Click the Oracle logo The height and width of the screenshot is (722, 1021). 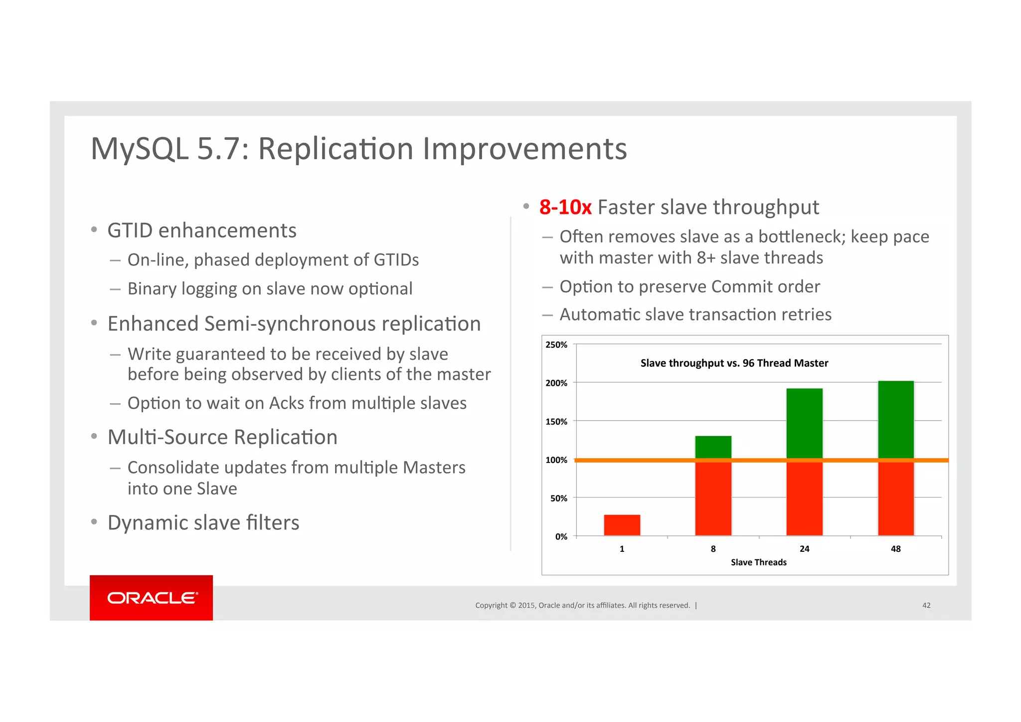click(x=152, y=597)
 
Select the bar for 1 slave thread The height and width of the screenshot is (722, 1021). click(x=622, y=525)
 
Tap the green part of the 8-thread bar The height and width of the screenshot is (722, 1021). click(x=713, y=447)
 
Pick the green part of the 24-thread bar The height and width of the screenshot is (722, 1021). click(x=804, y=423)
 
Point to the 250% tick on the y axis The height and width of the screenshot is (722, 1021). click(x=556, y=345)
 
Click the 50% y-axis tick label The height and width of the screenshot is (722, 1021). click(x=558, y=498)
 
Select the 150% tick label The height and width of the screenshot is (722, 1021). click(x=556, y=422)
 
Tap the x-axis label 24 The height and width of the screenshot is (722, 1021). click(x=804, y=549)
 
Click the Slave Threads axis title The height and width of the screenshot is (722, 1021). click(x=758, y=562)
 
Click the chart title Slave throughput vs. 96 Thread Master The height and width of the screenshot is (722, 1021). click(x=734, y=363)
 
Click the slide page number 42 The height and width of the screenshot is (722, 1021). click(x=926, y=605)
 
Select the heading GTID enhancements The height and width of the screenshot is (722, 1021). click(x=201, y=231)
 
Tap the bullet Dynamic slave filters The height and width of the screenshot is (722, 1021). click(x=203, y=523)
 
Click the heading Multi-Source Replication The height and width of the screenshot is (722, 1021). click(x=222, y=438)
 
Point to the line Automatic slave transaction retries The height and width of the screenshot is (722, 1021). click(x=695, y=315)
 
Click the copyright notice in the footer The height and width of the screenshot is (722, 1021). click(x=582, y=605)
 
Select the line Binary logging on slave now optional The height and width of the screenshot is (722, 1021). click(x=270, y=289)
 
